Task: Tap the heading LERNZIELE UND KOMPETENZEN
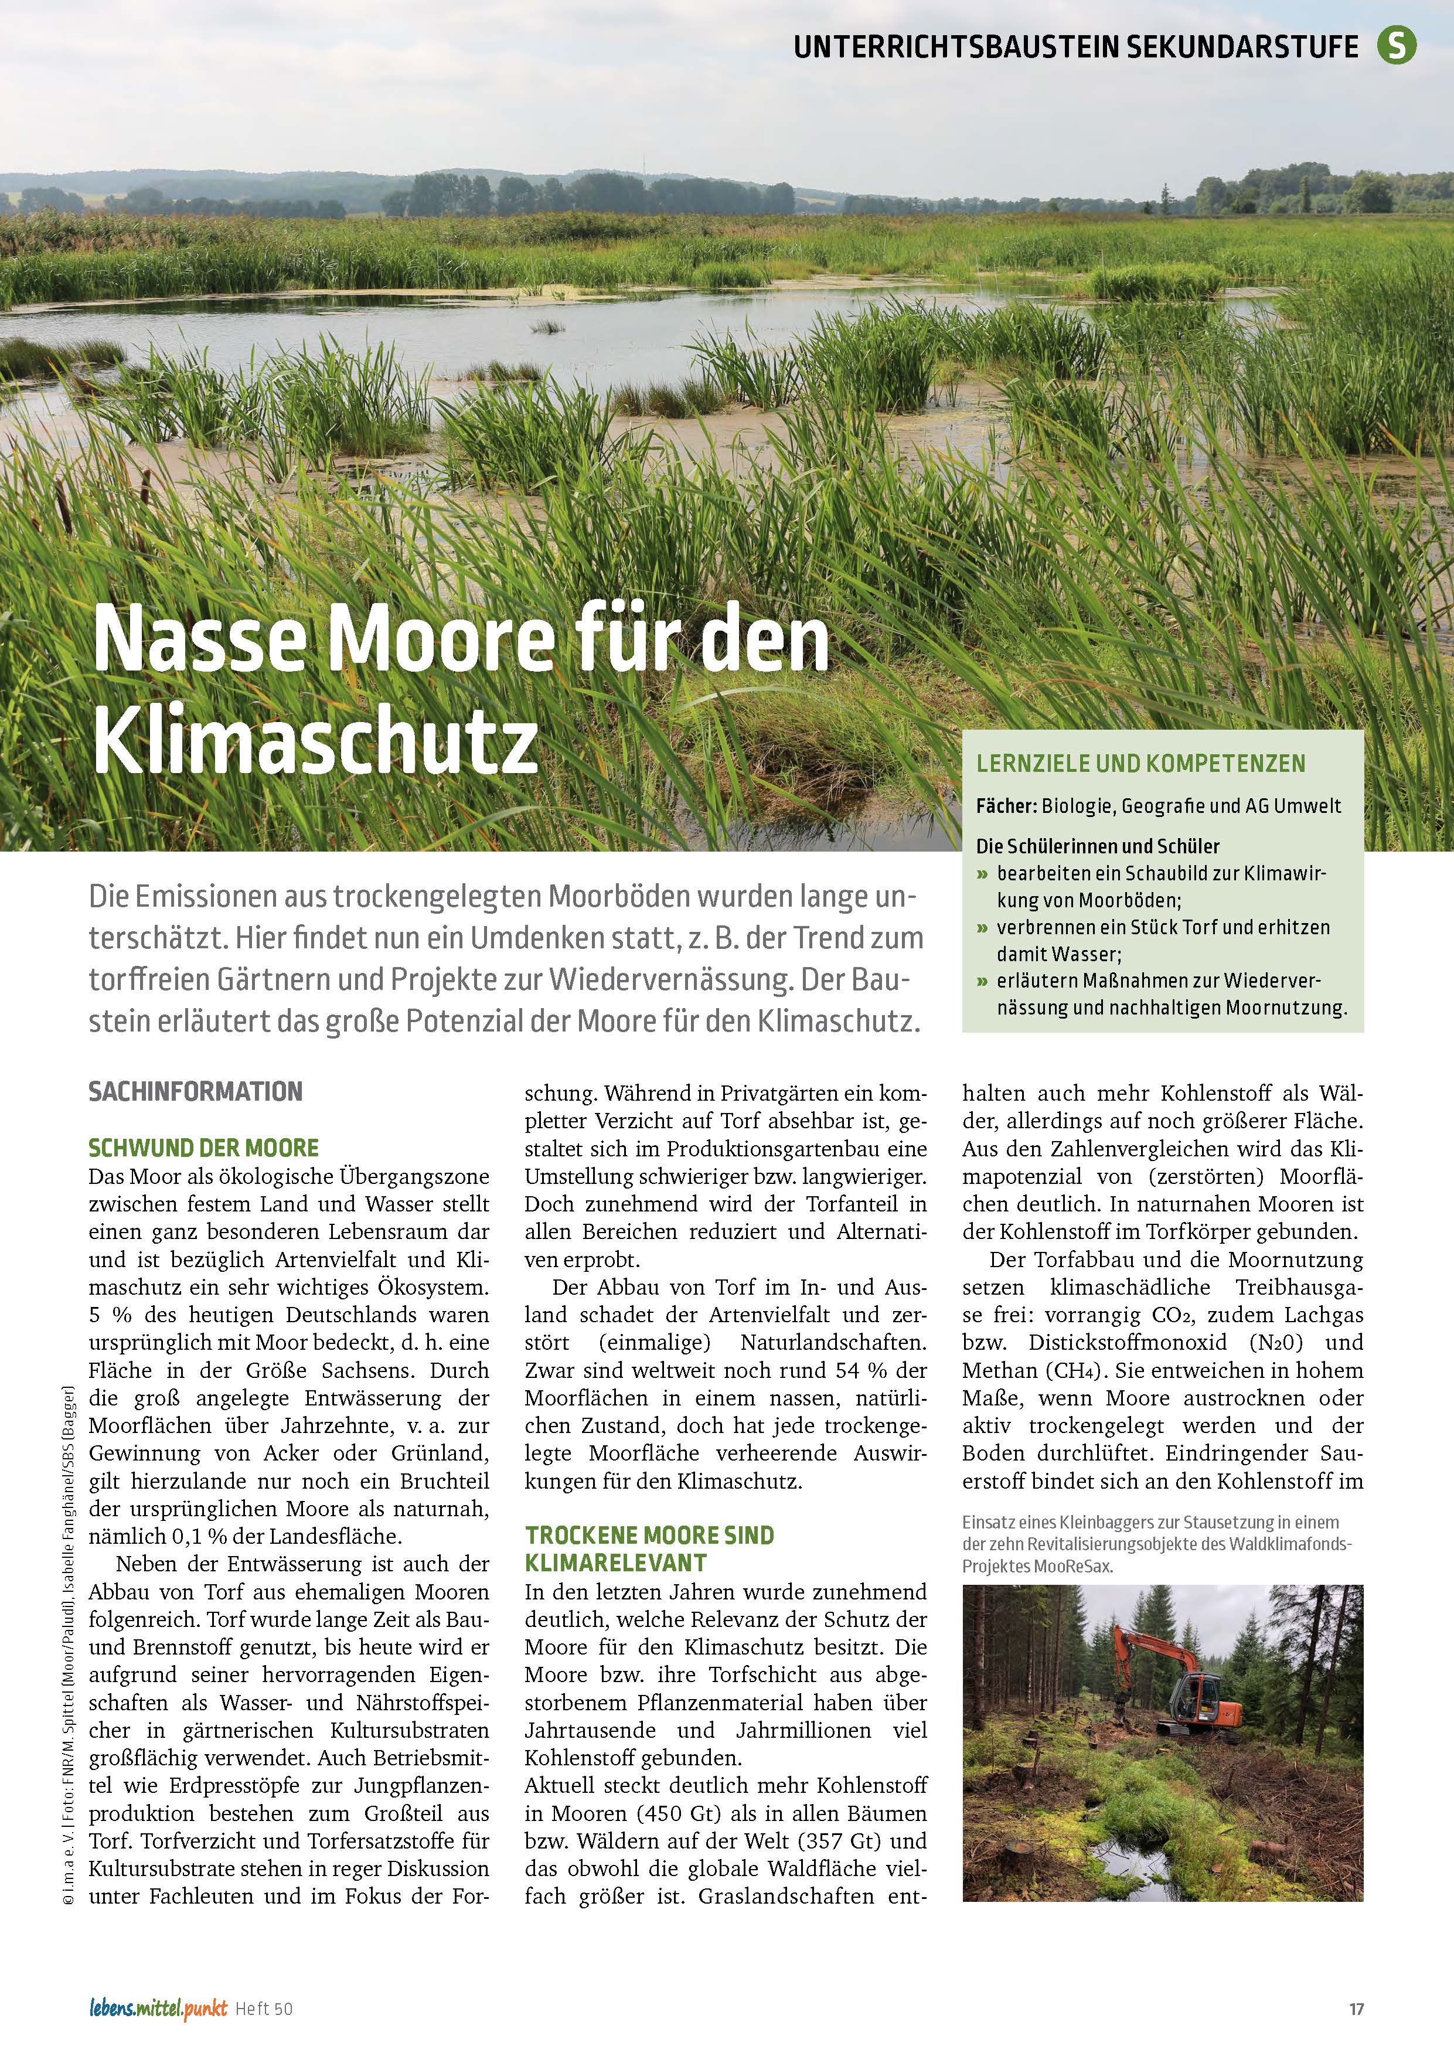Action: [x=1140, y=764]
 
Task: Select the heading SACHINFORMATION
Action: [x=195, y=1091]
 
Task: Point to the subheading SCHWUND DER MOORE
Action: [x=203, y=1148]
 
